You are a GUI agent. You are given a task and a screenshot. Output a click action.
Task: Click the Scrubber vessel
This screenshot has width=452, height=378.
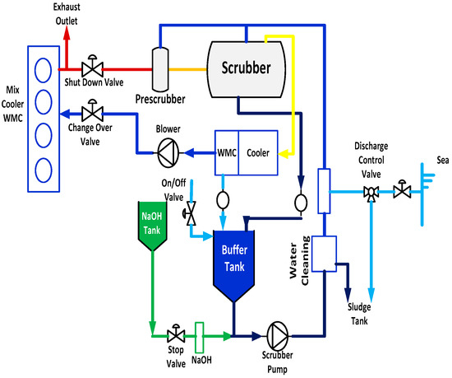tap(246, 65)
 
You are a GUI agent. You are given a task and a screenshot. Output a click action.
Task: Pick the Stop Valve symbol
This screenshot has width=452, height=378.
tap(174, 335)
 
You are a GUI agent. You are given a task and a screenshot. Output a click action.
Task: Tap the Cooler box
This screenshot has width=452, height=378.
tap(260, 152)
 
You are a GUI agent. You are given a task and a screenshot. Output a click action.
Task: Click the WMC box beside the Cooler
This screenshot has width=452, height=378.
tap(227, 152)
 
